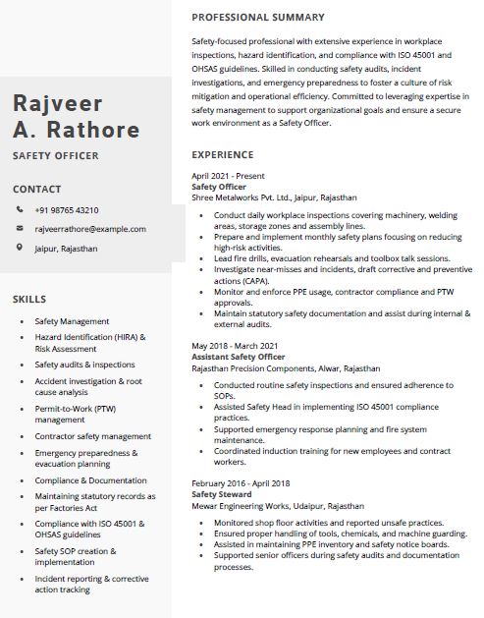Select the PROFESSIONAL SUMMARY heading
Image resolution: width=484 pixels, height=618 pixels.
pos(257,18)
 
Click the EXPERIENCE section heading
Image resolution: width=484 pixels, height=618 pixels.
pos(223,155)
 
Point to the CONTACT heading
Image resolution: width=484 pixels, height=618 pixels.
pos(36,189)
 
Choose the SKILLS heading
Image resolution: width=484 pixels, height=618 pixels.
pos(30,298)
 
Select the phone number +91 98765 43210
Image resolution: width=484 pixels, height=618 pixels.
pos(66,210)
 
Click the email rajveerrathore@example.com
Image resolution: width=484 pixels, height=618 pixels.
pos(89,229)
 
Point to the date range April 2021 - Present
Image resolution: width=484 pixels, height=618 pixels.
pos(228,176)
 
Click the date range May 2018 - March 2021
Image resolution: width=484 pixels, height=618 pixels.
pos(235,346)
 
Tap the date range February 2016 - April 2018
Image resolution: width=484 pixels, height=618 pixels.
pos(241,483)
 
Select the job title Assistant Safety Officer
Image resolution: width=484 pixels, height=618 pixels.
pos(238,357)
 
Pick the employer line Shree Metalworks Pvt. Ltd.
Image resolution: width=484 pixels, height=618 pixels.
pos(274,197)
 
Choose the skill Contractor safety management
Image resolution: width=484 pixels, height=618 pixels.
pos(92,436)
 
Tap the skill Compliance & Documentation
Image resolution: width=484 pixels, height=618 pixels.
pos(90,480)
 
